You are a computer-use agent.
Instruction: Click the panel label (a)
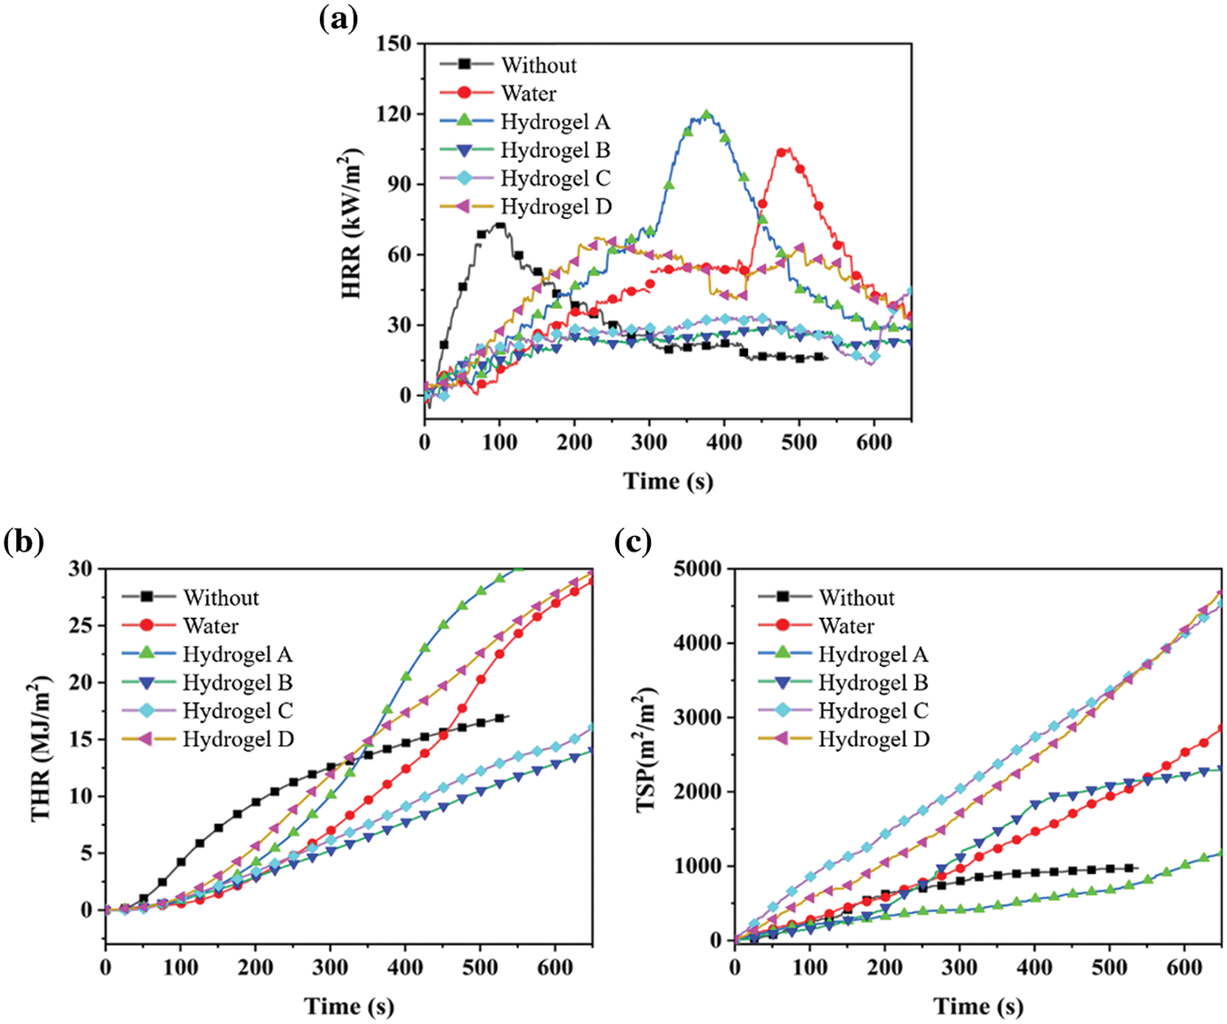coord(338,19)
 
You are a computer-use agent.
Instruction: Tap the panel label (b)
coord(24,542)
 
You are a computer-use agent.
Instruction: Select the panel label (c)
coord(633,542)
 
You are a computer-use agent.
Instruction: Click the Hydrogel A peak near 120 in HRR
coord(706,114)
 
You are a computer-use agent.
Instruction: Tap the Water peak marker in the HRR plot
coord(782,152)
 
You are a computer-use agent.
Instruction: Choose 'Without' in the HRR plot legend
coord(538,65)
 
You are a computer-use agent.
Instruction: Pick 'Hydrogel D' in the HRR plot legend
coord(555,207)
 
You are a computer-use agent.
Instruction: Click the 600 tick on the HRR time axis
coord(873,442)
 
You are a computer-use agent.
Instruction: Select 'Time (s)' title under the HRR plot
coord(668,481)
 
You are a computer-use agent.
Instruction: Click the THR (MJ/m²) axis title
coord(41,748)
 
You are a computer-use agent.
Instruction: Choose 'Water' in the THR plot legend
coord(210,626)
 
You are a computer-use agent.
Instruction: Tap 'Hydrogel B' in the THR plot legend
coord(237,682)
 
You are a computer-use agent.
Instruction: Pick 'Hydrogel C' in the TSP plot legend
coord(873,711)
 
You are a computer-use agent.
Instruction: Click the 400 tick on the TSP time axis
coord(1034,968)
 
